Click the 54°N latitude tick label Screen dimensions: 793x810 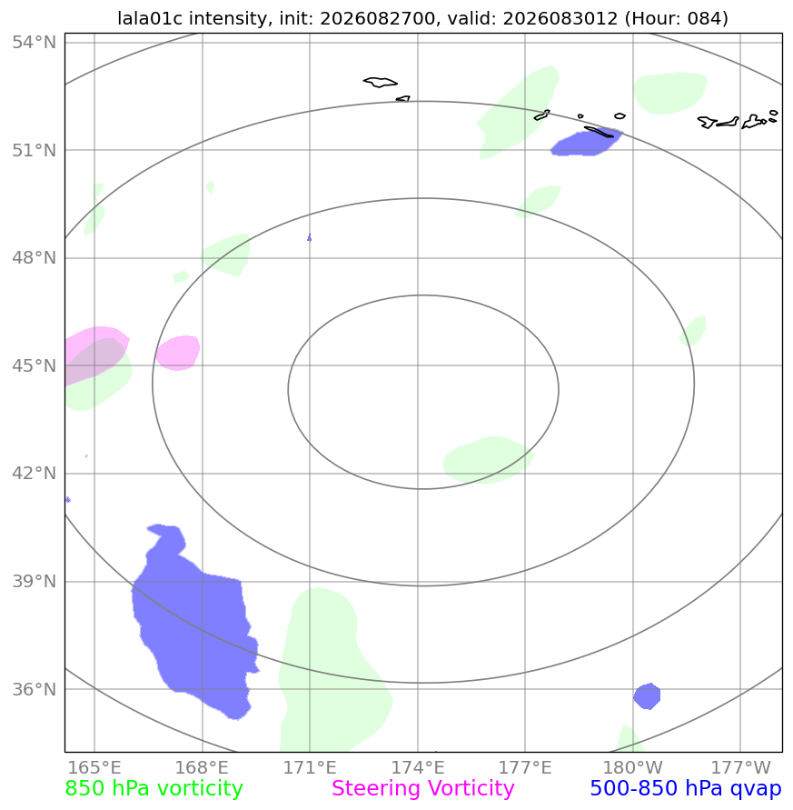35,42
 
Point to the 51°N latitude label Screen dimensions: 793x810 35,150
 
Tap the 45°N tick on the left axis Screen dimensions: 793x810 35,365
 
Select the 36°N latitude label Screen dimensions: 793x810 35,689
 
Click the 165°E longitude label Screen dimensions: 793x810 94,767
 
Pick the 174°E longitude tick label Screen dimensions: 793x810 418,767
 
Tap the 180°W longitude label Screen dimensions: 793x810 633,767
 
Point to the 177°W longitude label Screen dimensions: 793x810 740,767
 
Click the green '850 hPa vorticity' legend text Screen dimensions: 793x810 154,789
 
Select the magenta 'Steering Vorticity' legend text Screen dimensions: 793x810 422,789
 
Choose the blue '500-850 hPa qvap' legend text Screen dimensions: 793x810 686,789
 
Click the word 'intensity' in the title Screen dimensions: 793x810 227,18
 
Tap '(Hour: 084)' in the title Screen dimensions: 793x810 677,18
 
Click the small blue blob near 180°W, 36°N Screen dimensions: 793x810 647,695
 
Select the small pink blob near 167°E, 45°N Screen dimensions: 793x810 178,353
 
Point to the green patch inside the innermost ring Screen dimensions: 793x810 488,460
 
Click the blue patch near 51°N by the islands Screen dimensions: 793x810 586,143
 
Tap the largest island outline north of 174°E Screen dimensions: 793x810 381,82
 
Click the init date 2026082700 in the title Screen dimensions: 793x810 377,18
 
